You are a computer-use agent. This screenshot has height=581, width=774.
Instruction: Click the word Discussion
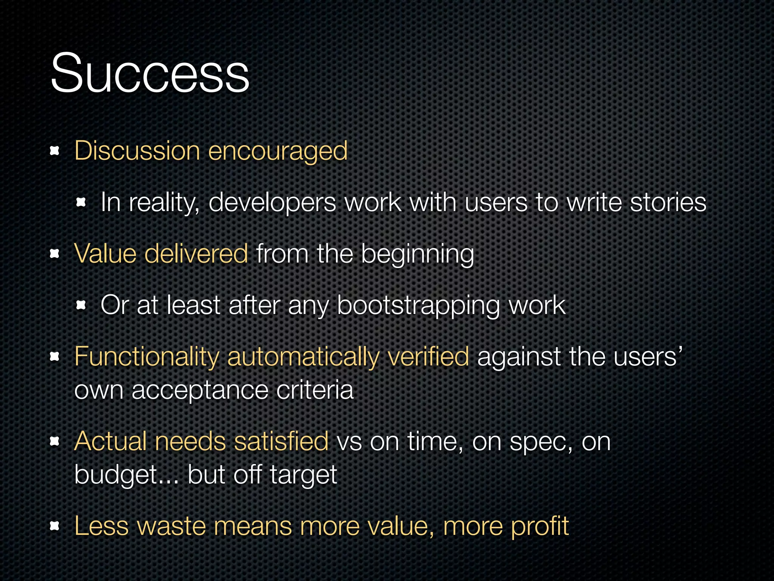tap(137, 151)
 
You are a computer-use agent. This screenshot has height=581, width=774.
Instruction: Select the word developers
tap(272, 203)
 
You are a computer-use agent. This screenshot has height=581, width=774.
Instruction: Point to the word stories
tap(668, 202)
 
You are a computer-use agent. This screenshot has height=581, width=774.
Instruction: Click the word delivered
tap(196, 253)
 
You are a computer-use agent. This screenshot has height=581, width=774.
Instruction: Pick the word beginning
tap(417, 255)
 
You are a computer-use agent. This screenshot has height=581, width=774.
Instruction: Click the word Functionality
tap(147, 357)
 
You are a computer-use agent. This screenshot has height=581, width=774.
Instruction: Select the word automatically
tap(303, 357)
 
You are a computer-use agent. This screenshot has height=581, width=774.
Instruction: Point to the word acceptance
tap(200, 390)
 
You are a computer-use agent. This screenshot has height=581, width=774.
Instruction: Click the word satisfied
tap(281, 441)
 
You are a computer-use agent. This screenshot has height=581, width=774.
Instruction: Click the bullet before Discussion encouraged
tap(55, 151)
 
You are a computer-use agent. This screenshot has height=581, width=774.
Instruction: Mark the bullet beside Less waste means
tap(55, 525)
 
